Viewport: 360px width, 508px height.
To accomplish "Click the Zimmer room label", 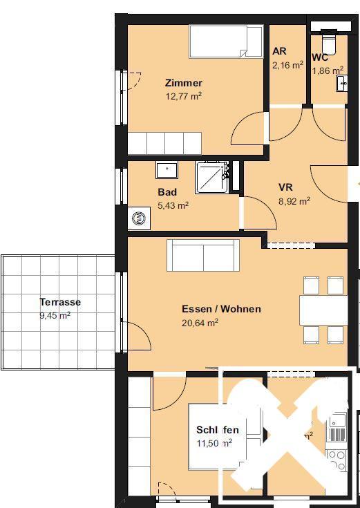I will point(183,84).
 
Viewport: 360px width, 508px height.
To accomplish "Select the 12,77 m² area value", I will point(183,97).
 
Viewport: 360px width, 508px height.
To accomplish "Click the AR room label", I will point(279,52).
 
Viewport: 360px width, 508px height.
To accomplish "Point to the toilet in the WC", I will point(327,42).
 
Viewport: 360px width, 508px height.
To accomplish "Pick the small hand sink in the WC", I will point(342,83).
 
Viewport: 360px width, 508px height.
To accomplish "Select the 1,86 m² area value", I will point(327,70).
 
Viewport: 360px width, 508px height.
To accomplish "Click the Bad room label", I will point(167,192).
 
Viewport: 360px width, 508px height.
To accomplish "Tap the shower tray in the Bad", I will point(214,178).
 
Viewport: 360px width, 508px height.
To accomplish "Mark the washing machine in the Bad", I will point(139,218).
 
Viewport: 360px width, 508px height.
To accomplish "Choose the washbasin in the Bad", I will point(166,170).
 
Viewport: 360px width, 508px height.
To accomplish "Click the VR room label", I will point(285,187).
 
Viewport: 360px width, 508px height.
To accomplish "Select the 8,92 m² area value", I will point(294,201).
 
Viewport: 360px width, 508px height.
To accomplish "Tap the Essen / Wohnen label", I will point(221,309).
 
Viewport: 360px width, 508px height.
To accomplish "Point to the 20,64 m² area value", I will point(200,322).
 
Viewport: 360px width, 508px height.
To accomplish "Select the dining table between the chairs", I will point(323,310).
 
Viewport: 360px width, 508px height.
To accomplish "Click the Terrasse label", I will point(60,302).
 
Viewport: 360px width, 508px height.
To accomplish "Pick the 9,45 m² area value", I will point(55,315).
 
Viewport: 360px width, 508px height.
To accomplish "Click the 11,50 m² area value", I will point(214,443).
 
